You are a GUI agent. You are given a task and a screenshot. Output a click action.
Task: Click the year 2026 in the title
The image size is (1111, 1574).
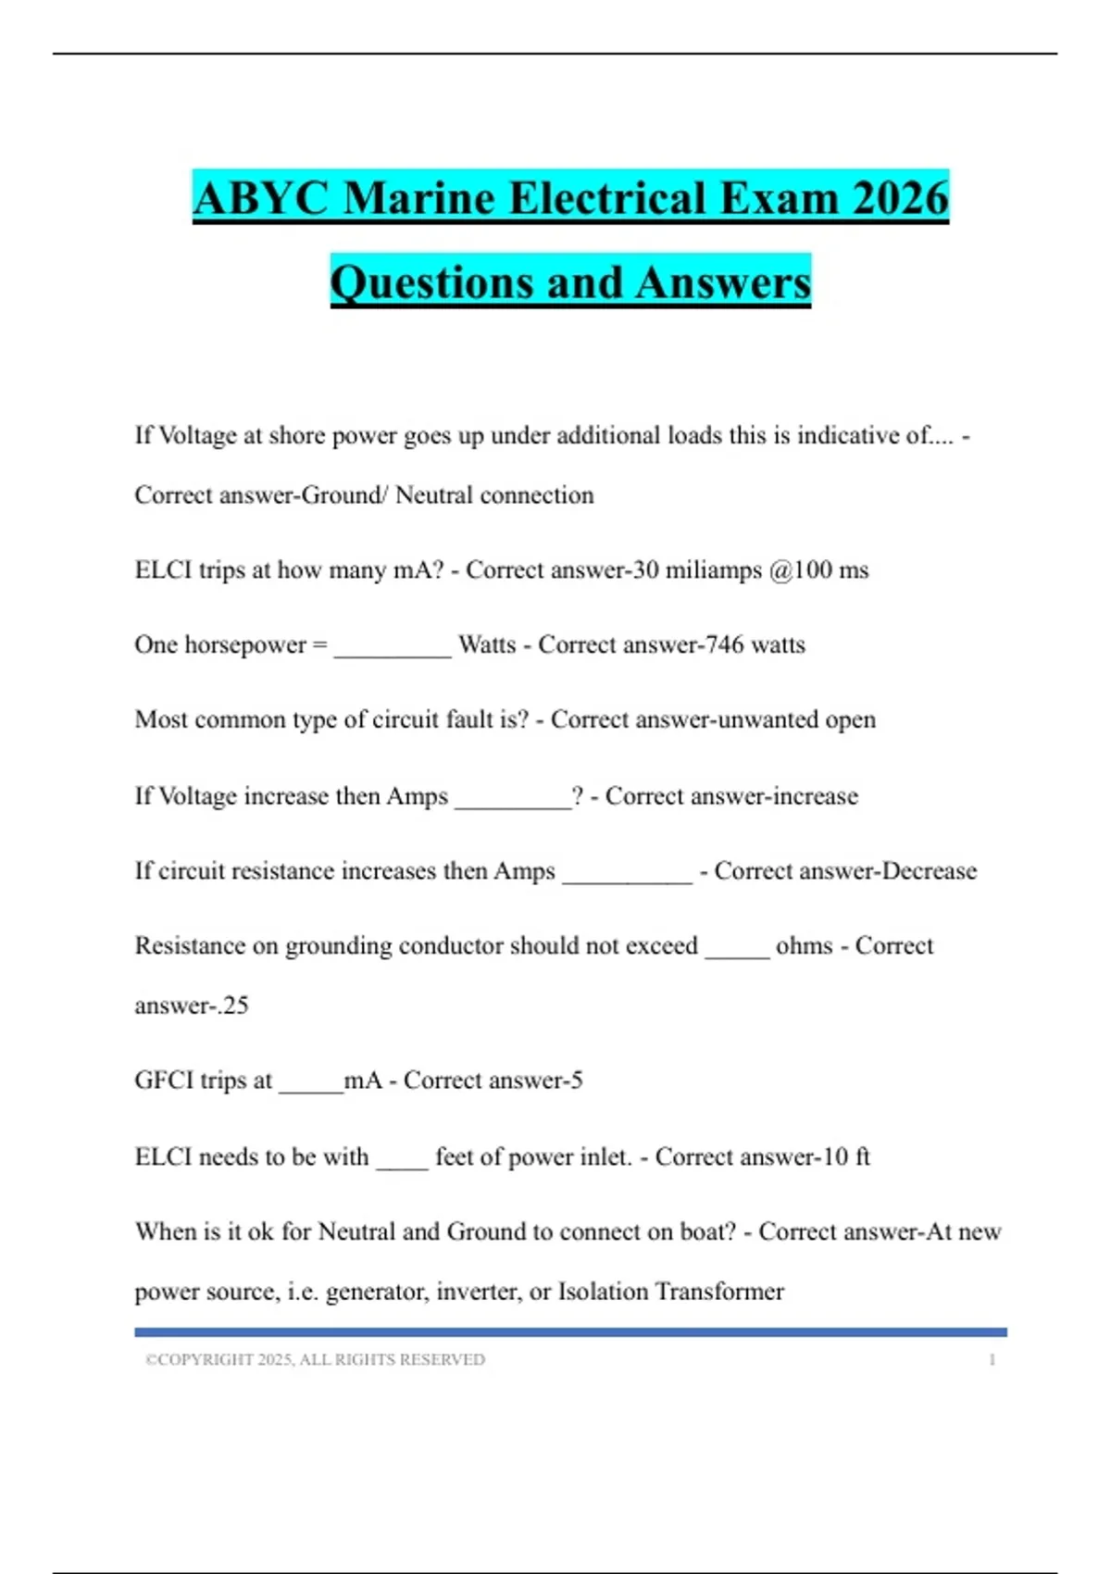tap(900, 199)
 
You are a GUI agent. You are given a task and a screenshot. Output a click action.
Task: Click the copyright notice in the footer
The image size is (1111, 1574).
tap(315, 1359)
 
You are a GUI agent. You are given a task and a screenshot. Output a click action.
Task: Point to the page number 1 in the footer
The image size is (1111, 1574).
tap(992, 1359)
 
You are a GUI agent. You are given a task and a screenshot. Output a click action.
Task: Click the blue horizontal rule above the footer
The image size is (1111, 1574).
tap(570, 1332)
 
